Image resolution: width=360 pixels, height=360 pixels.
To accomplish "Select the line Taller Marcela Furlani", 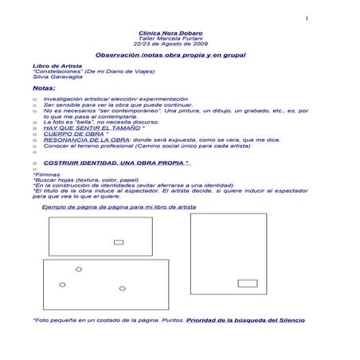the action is [170, 38].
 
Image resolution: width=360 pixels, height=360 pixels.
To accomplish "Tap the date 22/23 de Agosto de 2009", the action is [170, 44].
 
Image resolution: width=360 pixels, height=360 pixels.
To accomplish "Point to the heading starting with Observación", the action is [170, 54].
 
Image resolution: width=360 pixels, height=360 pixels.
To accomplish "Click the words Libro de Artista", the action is [52, 65].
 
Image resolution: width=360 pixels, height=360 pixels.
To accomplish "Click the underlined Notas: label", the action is [44, 88].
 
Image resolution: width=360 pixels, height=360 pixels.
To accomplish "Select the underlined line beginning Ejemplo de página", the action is [119, 205].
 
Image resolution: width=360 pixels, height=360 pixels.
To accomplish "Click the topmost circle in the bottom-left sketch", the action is [79, 269].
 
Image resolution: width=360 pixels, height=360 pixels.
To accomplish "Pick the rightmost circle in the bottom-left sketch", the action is [123, 288].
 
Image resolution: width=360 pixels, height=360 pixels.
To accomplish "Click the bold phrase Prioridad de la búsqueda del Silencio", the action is [245, 320].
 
